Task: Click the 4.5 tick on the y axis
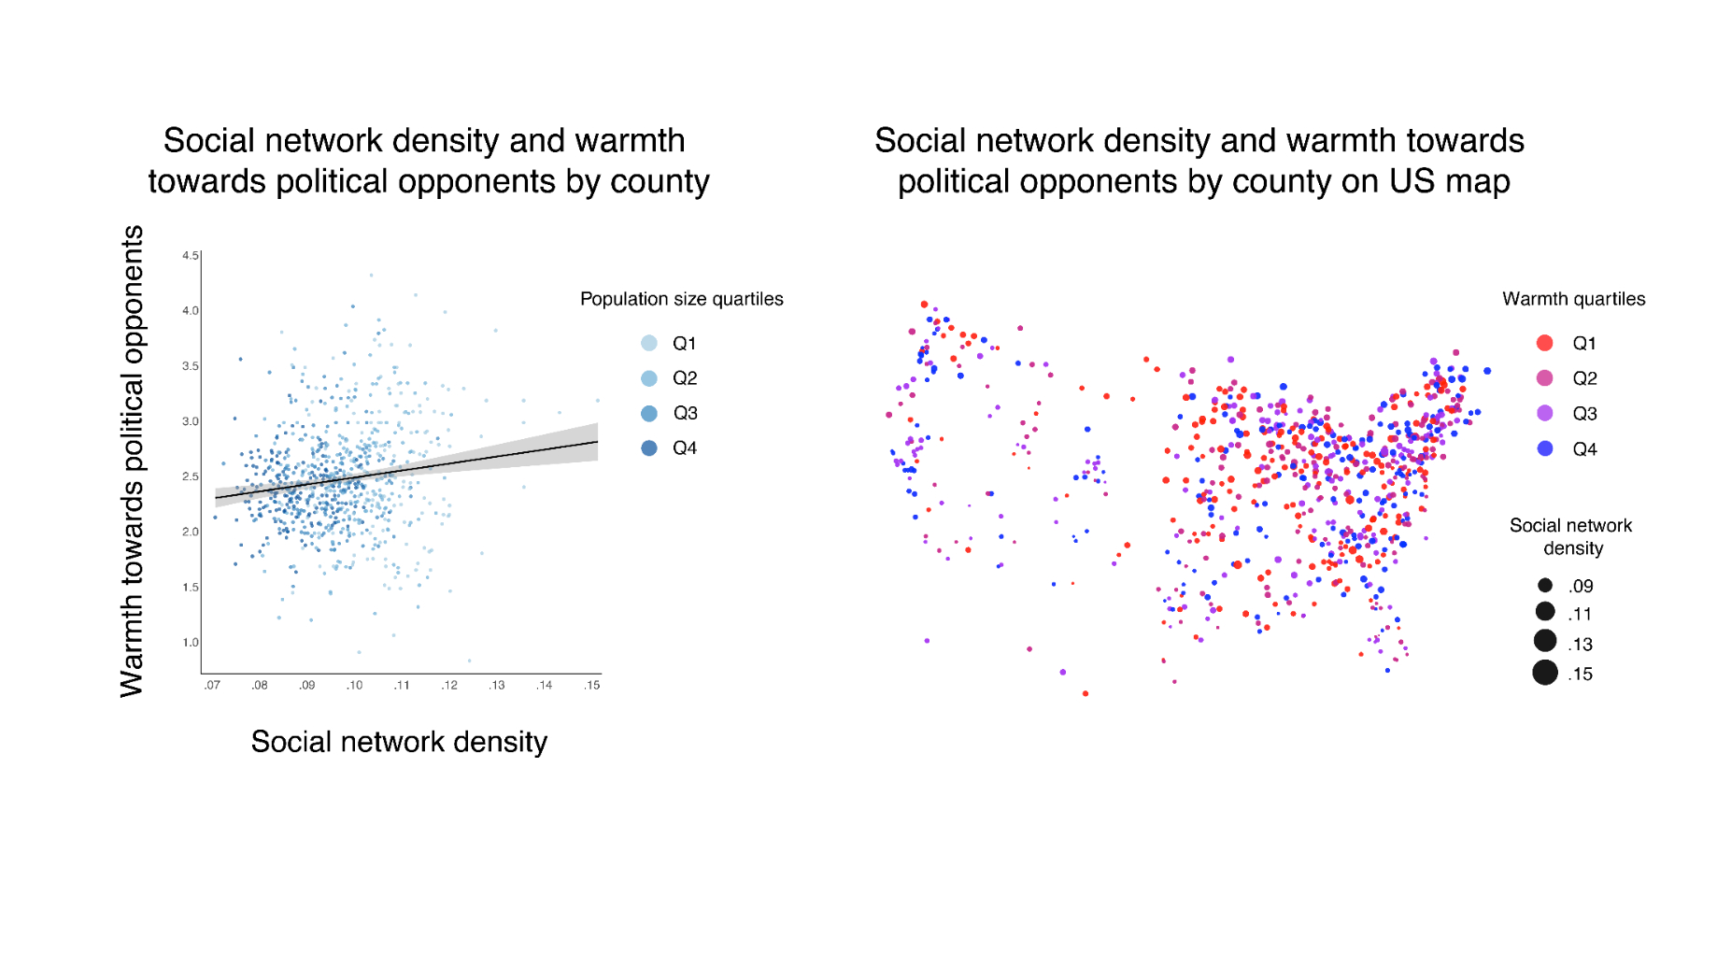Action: [x=191, y=255]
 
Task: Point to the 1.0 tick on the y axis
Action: [x=191, y=642]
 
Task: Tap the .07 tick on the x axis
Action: [x=213, y=685]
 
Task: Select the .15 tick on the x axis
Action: [x=592, y=685]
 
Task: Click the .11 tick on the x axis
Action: [x=402, y=685]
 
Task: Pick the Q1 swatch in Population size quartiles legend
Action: [x=649, y=343]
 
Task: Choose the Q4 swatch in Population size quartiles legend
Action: [x=649, y=447]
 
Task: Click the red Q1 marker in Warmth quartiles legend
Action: [x=1545, y=343]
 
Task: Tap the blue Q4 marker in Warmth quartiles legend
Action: [x=1545, y=448]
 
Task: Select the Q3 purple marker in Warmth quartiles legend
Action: [x=1545, y=413]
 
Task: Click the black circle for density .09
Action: [x=1545, y=585]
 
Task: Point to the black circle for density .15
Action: [x=1545, y=673]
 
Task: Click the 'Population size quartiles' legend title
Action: [x=682, y=299]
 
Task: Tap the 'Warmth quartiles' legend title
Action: [x=1574, y=299]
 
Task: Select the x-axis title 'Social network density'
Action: [x=399, y=742]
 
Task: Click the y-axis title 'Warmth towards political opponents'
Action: [x=132, y=461]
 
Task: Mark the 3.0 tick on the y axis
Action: [x=191, y=421]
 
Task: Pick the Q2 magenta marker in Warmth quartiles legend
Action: [x=1545, y=377]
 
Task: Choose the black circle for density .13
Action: [x=1545, y=641]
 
